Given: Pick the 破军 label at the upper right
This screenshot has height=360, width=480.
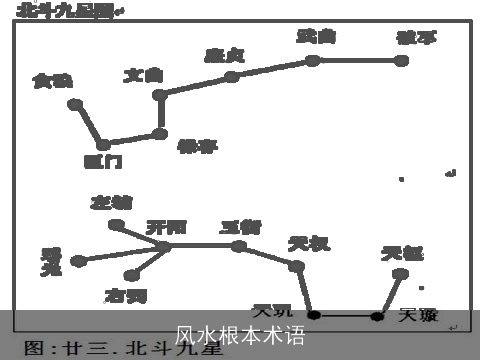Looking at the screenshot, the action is pyautogui.click(x=415, y=39).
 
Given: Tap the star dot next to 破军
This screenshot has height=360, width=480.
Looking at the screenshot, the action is pyautogui.click(x=402, y=60).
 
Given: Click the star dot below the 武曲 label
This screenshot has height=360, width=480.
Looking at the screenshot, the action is pyautogui.click(x=313, y=60).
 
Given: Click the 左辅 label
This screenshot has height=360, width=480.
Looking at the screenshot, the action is pyautogui.click(x=110, y=202).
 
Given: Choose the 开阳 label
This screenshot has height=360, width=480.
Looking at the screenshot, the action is pyautogui.click(x=166, y=227).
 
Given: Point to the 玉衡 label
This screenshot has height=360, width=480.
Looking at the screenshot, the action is pyautogui.click(x=240, y=227).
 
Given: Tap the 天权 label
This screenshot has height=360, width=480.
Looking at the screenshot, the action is pyautogui.click(x=306, y=243).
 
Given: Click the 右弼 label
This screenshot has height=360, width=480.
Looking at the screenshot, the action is pyautogui.click(x=125, y=295).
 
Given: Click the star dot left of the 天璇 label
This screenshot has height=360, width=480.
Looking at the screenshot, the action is pyautogui.click(x=377, y=316).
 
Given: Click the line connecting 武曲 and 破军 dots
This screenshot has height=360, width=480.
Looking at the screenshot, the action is pyautogui.click(x=357, y=60).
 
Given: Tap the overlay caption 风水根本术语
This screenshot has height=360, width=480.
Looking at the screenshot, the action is pyautogui.click(x=239, y=335).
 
